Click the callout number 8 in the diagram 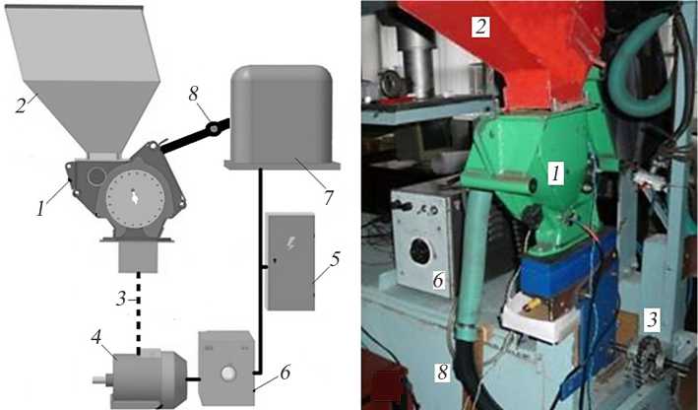(194, 95)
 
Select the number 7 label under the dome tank (328, 196)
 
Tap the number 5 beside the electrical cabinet (335, 259)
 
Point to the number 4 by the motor (96, 336)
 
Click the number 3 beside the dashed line (121, 299)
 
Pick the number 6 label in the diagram (285, 374)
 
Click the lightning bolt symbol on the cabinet (290, 243)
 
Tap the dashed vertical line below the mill (139, 313)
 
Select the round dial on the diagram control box (229, 373)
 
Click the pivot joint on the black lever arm (214, 129)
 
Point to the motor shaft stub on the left (102, 380)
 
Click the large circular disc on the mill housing (135, 197)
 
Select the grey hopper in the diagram (84, 81)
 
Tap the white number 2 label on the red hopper (480, 28)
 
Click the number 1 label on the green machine (555, 173)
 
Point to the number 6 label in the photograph (438, 280)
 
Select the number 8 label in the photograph (442, 373)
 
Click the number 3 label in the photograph (652, 320)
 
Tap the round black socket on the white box (420, 251)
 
